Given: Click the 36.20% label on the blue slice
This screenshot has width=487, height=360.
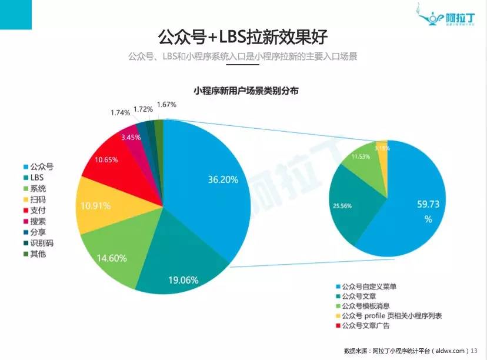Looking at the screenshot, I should coord(222,180).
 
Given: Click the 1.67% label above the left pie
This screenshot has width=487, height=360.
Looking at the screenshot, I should coord(166,105).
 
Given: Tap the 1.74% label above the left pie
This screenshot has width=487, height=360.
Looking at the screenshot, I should coord(120,112).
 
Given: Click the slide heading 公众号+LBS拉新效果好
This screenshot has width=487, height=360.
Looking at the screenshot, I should coord(242,36).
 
